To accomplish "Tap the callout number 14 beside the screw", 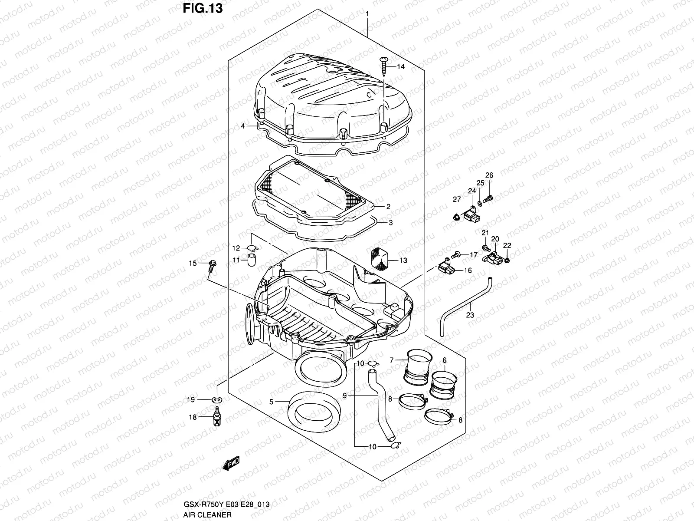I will pyautogui.click(x=400, y=67).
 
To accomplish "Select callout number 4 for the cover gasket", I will pyautogui.click(x=243, y=126).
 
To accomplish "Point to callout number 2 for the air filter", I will pyautogui.click(x=388, y=207).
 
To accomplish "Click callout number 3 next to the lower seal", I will pyautogui.click(x=390, y=223).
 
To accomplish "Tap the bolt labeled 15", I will pyautogui.click(x=211, y=266).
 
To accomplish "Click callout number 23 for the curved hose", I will pyautogui.click(x=470, y=315).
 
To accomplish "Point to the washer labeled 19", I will pyautogui.click(x=216, y=399).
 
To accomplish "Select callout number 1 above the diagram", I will pyautogui.click(x=367, y=14).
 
